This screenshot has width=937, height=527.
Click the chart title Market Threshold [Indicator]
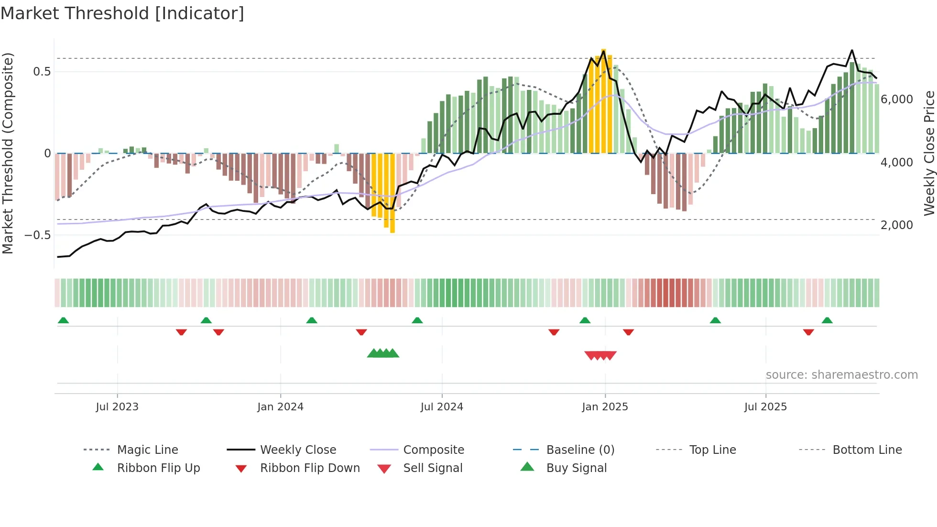[x=122, y=13]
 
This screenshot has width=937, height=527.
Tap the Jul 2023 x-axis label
[x=117, y=407]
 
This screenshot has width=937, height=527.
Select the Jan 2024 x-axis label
[x=280, y=407]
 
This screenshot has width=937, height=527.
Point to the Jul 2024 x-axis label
[x=442, y=407]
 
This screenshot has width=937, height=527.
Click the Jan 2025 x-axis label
[x=605, y=407]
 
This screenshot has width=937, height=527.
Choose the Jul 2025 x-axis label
[x=765, y=407]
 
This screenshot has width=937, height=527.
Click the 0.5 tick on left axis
[x=42, y=72]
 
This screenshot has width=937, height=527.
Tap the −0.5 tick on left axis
[x=38, y=235]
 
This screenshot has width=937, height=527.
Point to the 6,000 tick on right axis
[x=897, y=99]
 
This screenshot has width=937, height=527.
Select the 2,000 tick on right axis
[x=897, y=225]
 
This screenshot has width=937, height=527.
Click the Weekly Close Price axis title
[x=929, y=153]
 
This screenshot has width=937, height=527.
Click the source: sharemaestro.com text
[x=841, y=375]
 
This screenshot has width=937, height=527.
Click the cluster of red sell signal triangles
[x=600, y=355]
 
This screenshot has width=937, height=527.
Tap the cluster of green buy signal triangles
[x=383, y=353]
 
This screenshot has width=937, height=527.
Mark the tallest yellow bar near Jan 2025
[x=604, y=100]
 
